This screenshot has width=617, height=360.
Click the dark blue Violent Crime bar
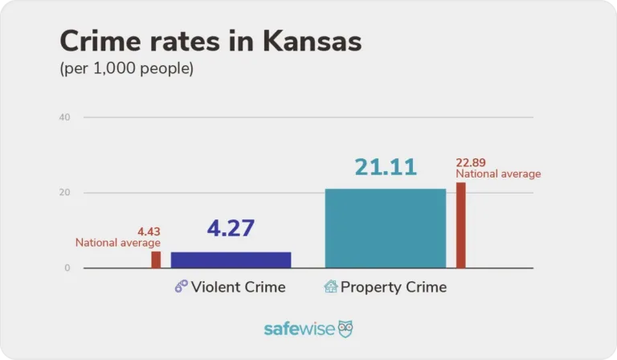click(231, 260)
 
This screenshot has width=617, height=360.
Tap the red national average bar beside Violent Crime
click(156, 260)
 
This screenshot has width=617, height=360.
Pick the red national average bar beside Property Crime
click(460, 225)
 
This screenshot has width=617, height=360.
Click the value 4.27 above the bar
click(231, 228)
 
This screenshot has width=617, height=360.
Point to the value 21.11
click(386, 167)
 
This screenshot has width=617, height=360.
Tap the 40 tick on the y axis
click(64, 117)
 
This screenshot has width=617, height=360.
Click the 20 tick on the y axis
click(64, 193)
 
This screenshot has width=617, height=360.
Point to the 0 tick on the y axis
click(67, 268)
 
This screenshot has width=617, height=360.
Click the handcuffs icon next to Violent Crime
click(181, 287)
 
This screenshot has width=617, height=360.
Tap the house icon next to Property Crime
click(330, 287)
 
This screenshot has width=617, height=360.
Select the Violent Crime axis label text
click(238, 287)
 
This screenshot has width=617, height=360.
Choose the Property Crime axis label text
click(393, 287)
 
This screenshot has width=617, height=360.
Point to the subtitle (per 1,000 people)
click(127, 69)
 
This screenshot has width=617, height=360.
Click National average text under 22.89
click(498, 174)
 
